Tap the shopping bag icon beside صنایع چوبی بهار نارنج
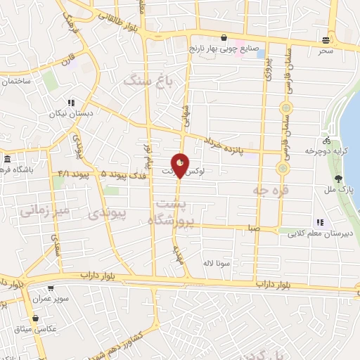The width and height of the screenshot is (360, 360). click(x=224, y=38)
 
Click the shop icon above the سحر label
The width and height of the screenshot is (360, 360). click(x=325, y=40)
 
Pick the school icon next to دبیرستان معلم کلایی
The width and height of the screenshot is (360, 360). click(x=320, y=222)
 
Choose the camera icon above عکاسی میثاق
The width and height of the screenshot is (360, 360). click(x=35, y=319)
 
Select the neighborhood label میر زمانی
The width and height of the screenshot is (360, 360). click(x=43, y=210)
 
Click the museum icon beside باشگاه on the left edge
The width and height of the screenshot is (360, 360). click(x=6, y=158)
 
